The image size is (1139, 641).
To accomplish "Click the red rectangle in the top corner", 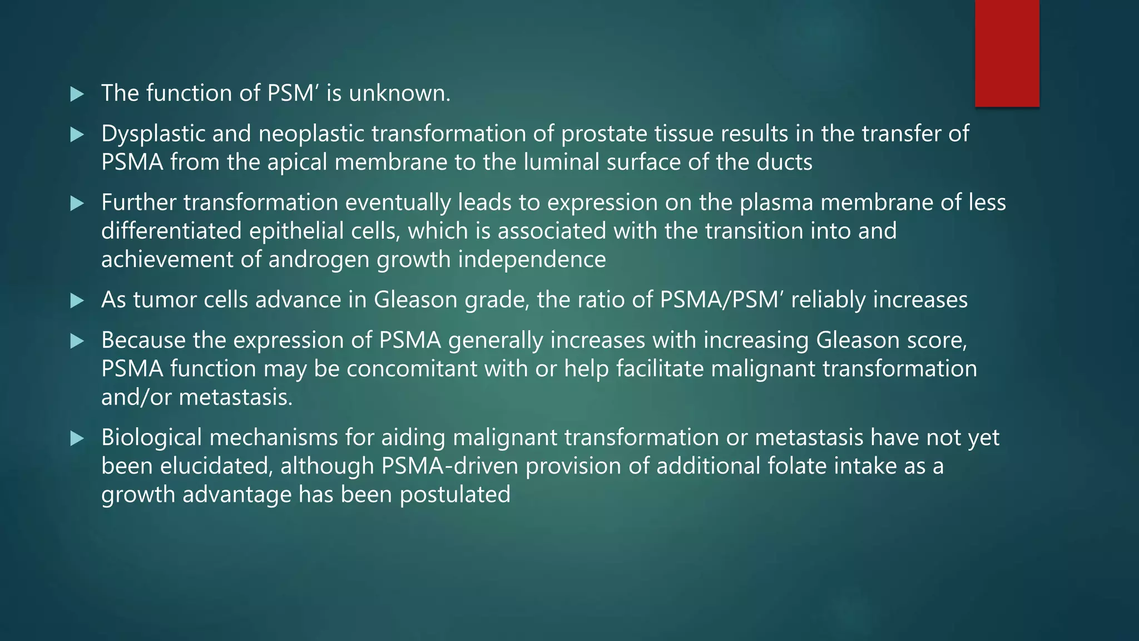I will pyautogui.click(x=1007, y=53).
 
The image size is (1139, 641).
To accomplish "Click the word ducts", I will pyautogui.click(x=784, y=162).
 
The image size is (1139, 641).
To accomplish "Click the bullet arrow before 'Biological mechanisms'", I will pyautogui.click(x=77, y=439).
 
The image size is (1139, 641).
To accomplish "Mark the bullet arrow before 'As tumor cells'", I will pyautogui.click(x=77, y=302).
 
